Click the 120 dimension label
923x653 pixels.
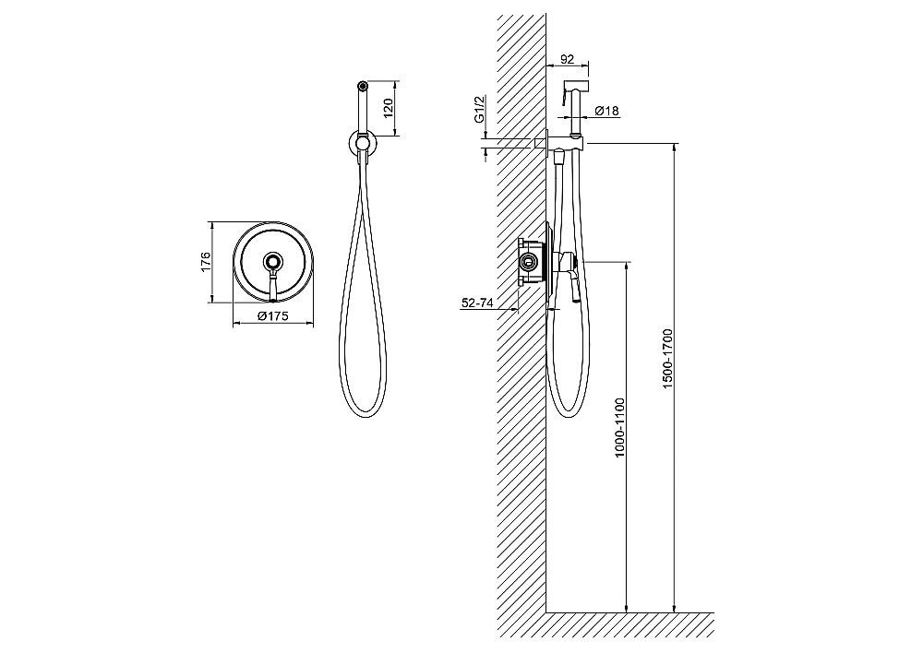pyautogui.click(x=388, y=108)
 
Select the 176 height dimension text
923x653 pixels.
pyautogui.click(x=205, y=261)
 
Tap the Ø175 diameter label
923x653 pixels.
pyautogui.click(x=273, y=316)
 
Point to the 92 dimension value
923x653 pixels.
pyautogui.click(x=567, y=59)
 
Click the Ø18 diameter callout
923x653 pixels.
pyautogui.click(x=606, y=111)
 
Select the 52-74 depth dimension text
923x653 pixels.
pyautogui.click(x=477, y=303)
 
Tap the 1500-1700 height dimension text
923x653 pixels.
pyautogui.click(x=666, y=359)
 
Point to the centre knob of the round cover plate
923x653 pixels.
pyautogui.click(x=272, y=261)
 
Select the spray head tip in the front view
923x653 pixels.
pyautogui.click(x=363, y=85)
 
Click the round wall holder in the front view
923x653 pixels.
pyautogui.click(x=363, y=143)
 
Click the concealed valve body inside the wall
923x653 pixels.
pyautogui.click(x=531, y=261)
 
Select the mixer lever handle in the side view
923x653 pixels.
pyautogui.click(x=573, y=287)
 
